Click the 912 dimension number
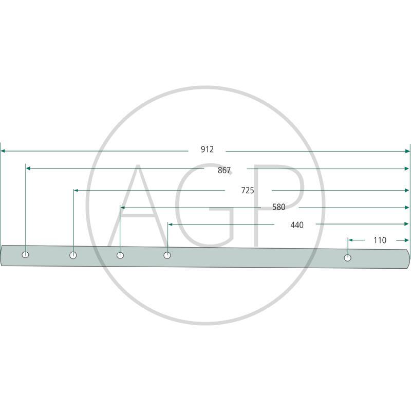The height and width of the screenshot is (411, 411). (x=207, y=150)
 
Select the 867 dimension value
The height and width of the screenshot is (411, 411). (x=224, y=171)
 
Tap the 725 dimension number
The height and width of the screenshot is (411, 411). (x=248, y=190)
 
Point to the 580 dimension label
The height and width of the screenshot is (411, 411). (x=278, y=207)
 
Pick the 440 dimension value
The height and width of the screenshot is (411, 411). (x=297, y=225)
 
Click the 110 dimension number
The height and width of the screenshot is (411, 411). (x=380, y=240)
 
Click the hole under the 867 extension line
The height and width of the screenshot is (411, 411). (x=25, y=254)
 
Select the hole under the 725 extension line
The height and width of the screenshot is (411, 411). (x=73, y=255)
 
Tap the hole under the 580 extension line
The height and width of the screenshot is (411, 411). (x=120, y=255)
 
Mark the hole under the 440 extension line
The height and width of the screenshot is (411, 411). (x=167, y=255)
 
